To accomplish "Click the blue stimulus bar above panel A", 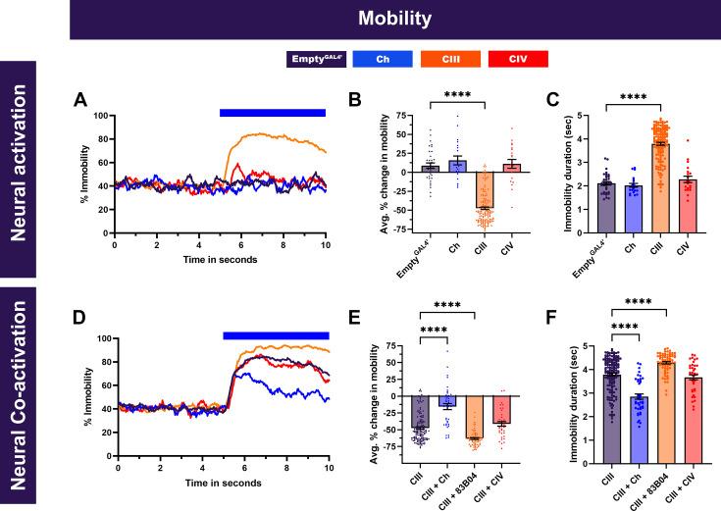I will pos(272,113).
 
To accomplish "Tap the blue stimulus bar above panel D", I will pos(276,335).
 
